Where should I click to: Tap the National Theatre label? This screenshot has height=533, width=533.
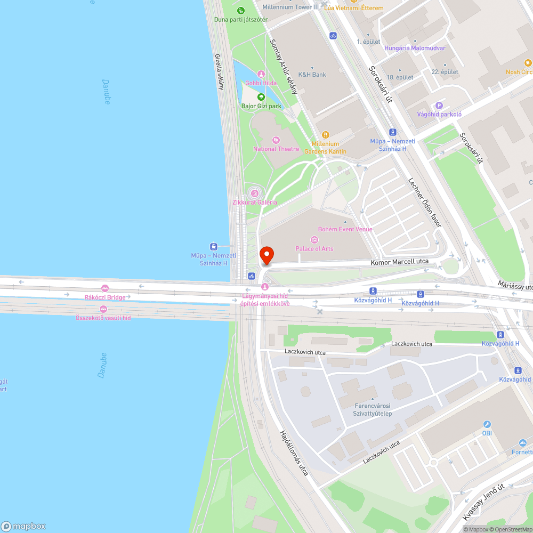276,149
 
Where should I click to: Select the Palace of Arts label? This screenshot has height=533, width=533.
314,249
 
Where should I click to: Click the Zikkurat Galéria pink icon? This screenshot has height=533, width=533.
255,193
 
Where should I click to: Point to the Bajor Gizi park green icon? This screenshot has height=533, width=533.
261,97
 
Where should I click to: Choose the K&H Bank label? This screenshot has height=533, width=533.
312,75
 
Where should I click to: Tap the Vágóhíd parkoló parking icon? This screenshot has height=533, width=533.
439,106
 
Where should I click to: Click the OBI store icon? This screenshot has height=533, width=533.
487,424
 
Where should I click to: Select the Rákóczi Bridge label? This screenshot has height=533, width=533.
104,297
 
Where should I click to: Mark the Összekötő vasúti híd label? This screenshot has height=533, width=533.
103,318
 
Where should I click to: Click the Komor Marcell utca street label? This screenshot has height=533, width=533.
400,262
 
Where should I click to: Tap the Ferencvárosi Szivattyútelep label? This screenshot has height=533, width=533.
373,410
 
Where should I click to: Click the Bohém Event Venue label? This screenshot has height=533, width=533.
345,229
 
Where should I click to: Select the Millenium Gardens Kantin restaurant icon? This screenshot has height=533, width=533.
326,134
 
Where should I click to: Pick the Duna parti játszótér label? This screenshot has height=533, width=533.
240,20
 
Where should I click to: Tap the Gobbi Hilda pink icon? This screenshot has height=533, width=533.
261,74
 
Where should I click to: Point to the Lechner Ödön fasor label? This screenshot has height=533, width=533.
424,202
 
